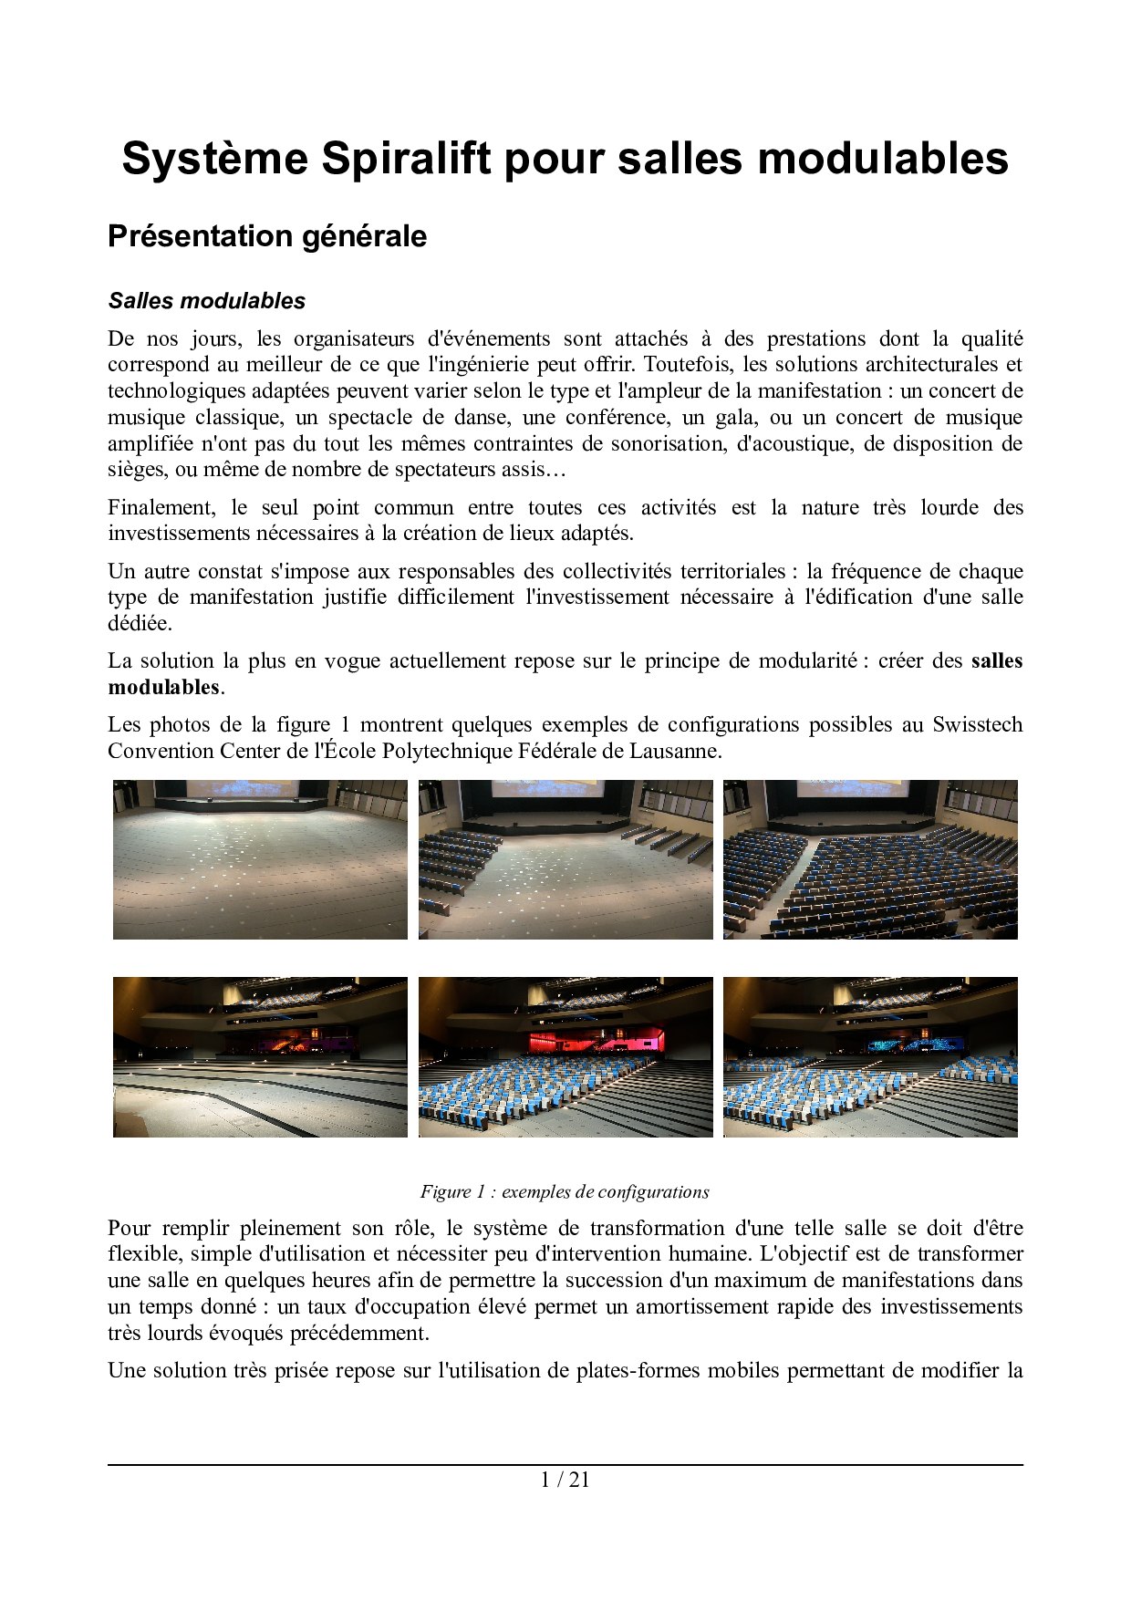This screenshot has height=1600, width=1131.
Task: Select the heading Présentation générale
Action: [267, 236]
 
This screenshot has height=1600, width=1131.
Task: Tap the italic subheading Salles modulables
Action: [207, 301]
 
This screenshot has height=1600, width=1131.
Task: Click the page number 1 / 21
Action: [565, 1480]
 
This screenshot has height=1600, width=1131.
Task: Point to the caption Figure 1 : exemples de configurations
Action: [565, 1191]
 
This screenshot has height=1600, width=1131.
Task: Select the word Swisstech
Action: [977, 724]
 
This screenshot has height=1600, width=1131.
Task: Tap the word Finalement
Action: [161, 507]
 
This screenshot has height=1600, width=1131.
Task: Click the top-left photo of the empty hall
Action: [260, 859]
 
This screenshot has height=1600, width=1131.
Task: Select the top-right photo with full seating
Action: [870, 859]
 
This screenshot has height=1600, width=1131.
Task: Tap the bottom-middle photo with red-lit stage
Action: [565, 1057]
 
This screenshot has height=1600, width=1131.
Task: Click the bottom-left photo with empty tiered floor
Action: [260, 1057]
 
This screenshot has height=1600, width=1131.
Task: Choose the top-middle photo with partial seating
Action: [565, 859]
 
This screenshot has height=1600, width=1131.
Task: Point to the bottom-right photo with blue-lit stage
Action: [870, 1057]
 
